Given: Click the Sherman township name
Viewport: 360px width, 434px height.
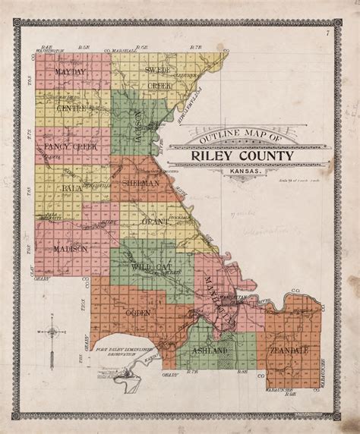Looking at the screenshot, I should coord(141,183).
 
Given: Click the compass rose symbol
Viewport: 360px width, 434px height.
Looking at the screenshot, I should coord(52,332).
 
